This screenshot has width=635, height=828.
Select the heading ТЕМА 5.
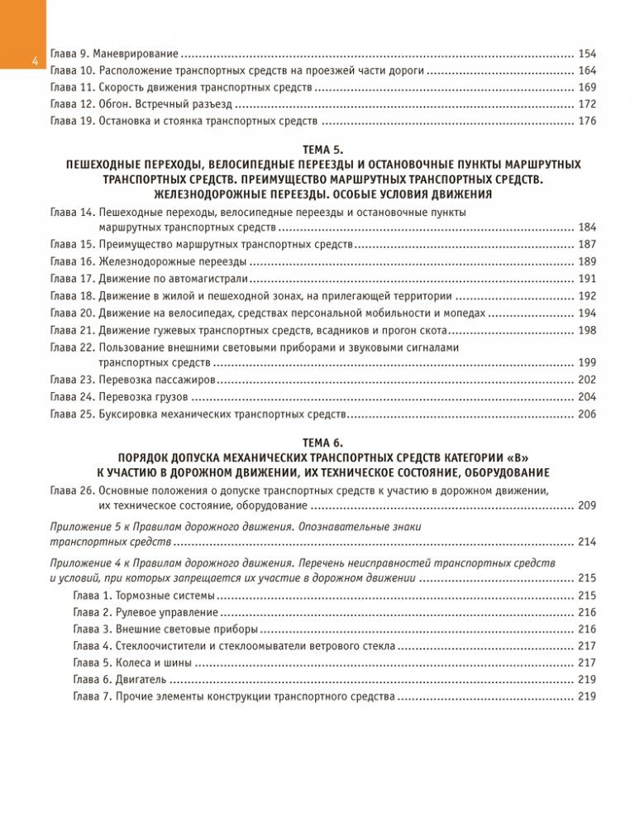point(317,150)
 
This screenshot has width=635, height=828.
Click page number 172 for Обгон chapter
point(587,104)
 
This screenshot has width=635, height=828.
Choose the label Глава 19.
point(72,122)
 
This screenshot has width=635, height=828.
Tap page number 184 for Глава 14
point(587,227)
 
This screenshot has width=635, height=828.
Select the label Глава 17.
point(72,278)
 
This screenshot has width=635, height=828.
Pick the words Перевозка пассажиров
point(157,380)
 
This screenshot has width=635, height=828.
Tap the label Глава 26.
point(72,491)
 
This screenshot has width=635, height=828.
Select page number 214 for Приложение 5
point(587,542)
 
